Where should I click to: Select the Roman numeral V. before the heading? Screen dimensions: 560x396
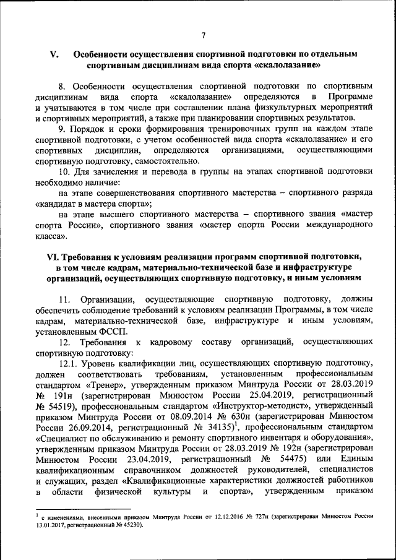click(x=53, y=54)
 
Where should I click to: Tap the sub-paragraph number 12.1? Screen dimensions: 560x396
click(x=69, y=363)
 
